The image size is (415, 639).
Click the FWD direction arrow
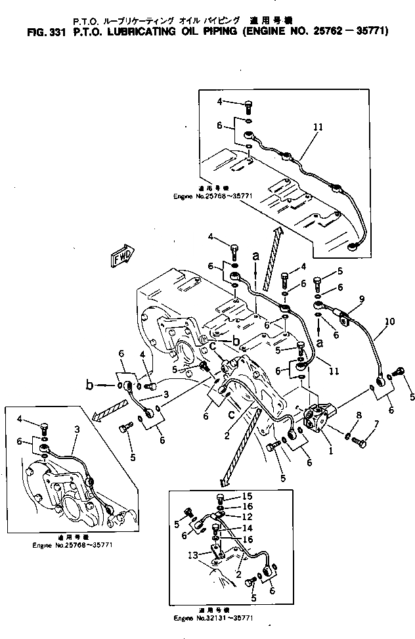click(121, 256)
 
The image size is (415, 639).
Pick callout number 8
click(359, 415)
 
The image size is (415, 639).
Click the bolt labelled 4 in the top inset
click(248, 104)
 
